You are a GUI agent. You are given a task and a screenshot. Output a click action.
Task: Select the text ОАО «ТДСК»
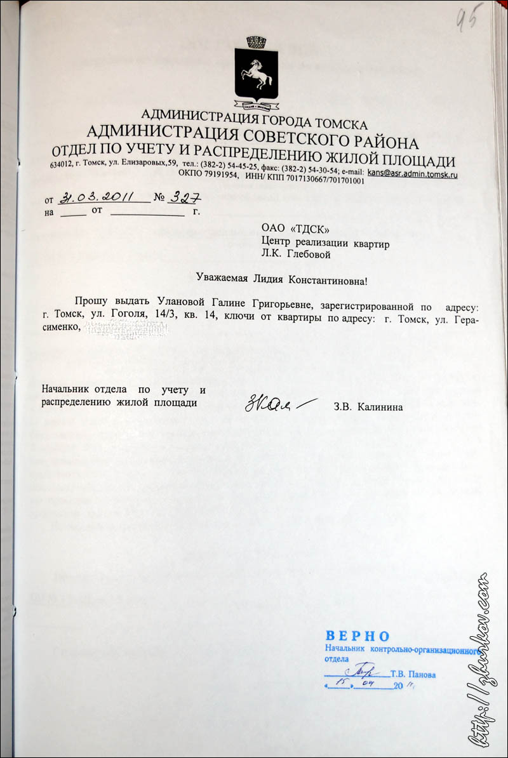(x=295, y=230)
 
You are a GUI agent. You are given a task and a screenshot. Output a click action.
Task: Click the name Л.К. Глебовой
(x=297, y=255)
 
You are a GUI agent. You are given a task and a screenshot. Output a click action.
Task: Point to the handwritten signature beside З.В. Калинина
(x=276, y=404)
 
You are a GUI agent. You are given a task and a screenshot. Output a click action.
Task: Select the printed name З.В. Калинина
(x=367, y=406)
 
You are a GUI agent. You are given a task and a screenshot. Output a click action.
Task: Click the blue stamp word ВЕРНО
(x=357, y=636)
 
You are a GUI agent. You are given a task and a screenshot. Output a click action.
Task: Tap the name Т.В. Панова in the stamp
(x=413, y=674)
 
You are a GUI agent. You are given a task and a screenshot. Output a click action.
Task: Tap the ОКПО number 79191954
(x=220, y=180)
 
